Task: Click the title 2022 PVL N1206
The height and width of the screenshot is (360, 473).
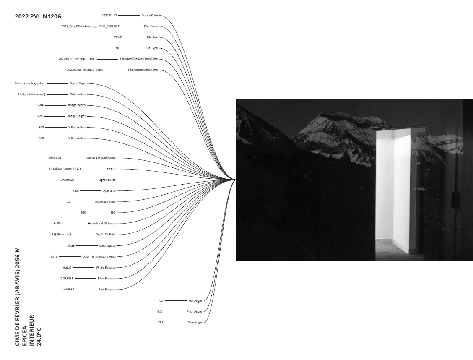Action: [x=38, y=16]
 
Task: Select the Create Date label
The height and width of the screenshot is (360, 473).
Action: [x=149, y=15]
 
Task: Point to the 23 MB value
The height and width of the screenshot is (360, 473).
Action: [x=117, y=37]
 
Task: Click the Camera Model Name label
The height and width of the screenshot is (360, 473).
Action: [x=101, y=158]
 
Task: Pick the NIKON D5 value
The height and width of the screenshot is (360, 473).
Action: [x=55, y=158]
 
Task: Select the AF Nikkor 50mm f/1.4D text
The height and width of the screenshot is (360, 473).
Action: [x=61, y=169]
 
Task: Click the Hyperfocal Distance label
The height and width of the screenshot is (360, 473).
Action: [x=101, y=223]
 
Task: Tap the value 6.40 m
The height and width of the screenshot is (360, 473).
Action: [x=59, y=223]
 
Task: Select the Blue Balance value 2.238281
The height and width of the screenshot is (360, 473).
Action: [x=67, y=278]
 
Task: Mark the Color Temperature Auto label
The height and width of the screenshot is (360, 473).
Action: [x=99, y=256]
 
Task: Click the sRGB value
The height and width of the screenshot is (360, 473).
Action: [x=71, y=245]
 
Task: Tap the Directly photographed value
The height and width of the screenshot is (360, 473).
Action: [x=30, y=83]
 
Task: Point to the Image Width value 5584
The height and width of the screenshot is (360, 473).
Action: [x=40, y=105]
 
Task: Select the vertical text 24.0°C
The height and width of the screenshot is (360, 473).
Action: [x=39, y=338]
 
